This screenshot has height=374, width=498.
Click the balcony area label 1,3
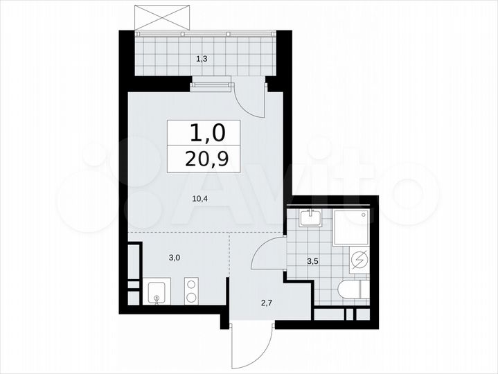202,60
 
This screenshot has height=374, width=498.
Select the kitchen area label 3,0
175,258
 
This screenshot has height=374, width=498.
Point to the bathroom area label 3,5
312,261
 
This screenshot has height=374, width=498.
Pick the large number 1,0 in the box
204,132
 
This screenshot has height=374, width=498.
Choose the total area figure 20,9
204,160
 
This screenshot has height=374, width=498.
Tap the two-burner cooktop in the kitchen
192,291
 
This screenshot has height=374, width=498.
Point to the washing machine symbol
359,260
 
